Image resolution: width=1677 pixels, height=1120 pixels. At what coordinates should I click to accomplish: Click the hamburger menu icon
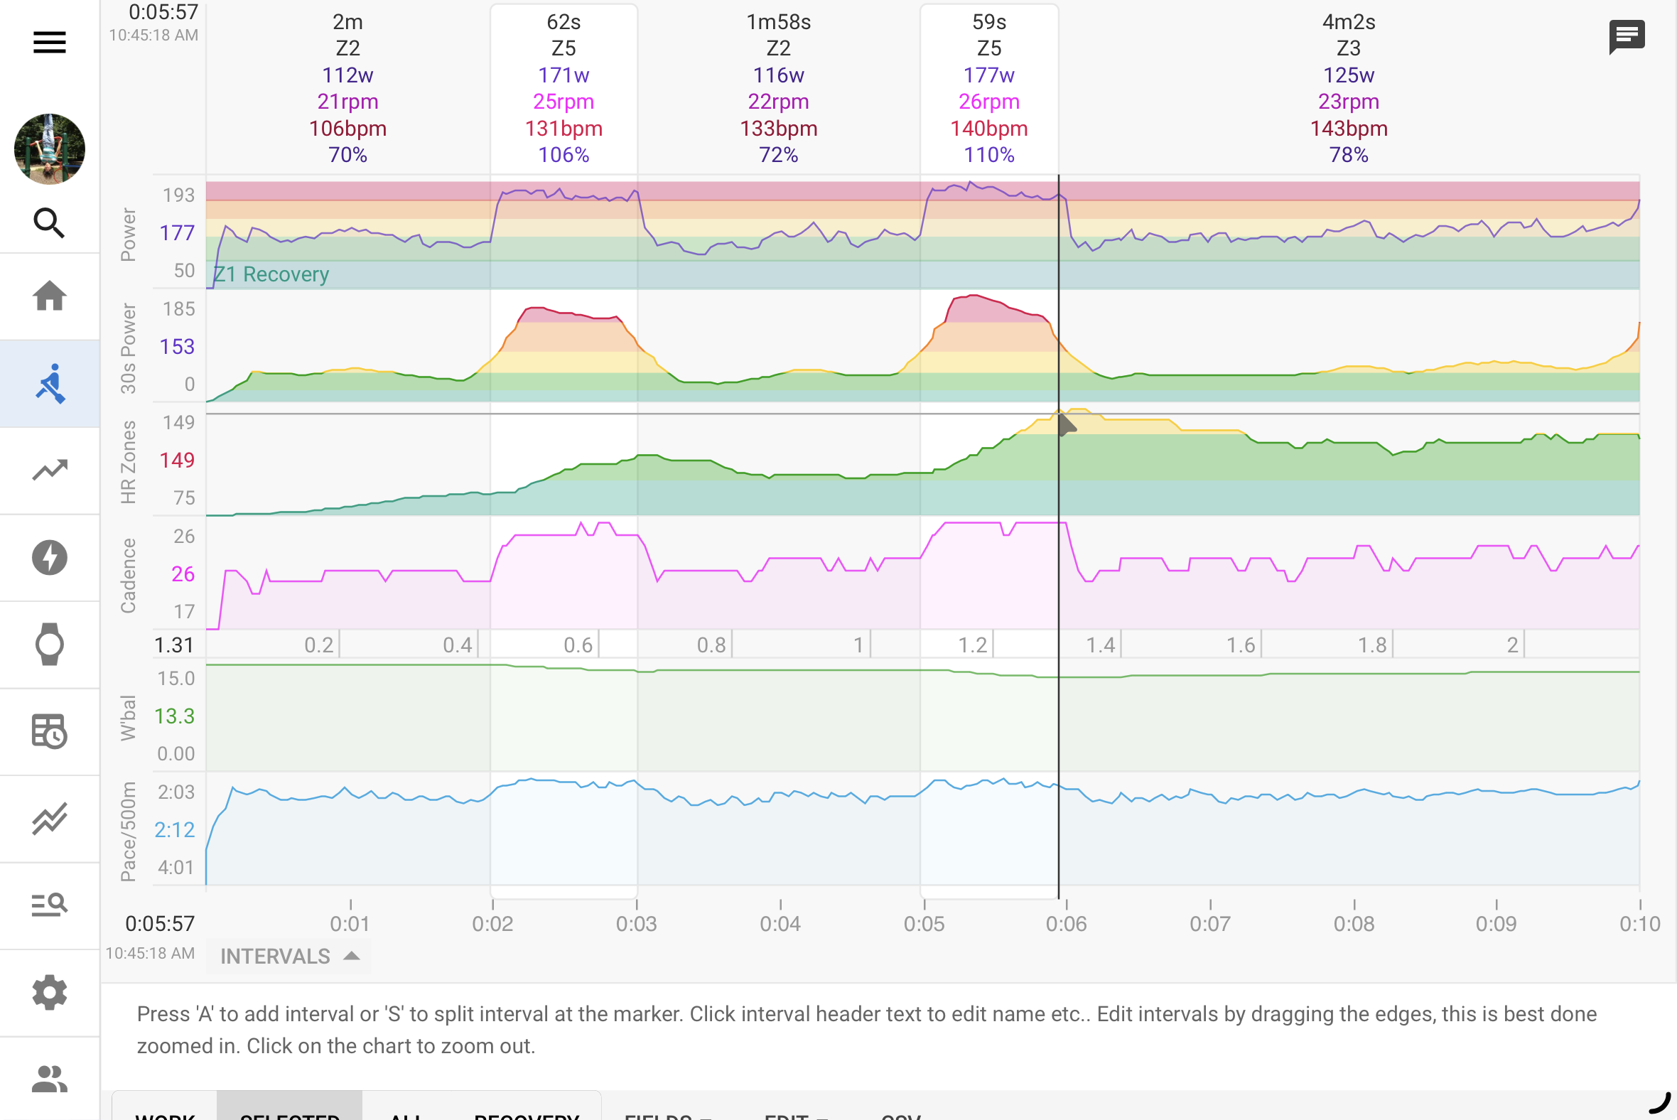point(49,42)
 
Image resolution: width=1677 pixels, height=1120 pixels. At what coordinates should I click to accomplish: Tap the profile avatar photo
point(49,149)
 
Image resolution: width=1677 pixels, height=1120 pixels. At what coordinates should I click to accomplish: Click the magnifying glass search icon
point(49,223)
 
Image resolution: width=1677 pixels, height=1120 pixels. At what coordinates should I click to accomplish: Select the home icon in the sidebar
point(49,296)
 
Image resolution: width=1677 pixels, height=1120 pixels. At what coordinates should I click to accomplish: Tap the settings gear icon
point(49,992)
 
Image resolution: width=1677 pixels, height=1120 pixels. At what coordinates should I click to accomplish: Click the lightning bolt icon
point(49,557)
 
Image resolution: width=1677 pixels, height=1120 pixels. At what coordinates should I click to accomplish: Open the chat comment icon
point(1627,36)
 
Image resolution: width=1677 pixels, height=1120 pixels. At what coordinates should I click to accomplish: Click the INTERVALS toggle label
point(276,956)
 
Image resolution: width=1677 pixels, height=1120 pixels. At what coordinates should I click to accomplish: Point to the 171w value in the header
point(563,75)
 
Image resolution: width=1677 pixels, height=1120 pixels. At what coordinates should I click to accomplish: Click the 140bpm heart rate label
point(988,129)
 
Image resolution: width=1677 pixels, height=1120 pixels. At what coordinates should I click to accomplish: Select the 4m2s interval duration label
point(1348,22)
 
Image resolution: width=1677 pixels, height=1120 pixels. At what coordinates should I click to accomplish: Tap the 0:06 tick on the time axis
point(1066,923)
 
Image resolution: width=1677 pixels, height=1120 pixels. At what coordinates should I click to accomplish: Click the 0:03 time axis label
point(636,923)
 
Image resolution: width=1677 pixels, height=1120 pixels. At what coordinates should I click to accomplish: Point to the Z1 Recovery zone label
point(271,274)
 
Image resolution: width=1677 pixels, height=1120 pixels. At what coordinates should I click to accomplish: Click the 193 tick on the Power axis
point(178,195)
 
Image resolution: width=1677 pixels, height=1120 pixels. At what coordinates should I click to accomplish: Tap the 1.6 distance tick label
point(1240,645)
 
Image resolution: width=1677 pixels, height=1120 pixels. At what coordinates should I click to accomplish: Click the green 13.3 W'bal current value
point(174,716)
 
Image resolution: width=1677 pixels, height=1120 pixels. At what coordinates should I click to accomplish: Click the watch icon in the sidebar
point(49,645)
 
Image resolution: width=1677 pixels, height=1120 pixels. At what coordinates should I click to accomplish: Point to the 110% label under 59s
point(988,155)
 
